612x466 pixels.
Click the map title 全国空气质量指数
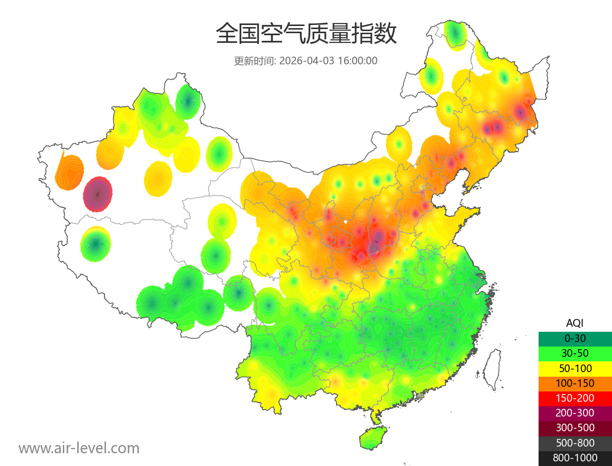click(x=306, y=34)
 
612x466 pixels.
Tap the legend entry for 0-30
click(x=575, y=338)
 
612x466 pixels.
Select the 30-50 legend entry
click(x=575, y=353)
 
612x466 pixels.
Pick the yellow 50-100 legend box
click(x=575, y=368)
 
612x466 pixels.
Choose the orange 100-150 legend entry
click(x=575, y=383)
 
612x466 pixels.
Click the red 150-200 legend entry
click(x=575, y=398)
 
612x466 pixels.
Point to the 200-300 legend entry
click(x=575, y=413)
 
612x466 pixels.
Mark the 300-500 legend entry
click(x=575, y=428)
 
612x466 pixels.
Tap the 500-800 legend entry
click(x=575, y=443)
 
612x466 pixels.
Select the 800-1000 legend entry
click(x=575, y=458)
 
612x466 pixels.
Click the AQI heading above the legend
click(x=575, y=323)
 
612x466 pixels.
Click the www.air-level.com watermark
click(x=79, y=448)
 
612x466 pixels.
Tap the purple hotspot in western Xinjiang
click(x=97, y=194)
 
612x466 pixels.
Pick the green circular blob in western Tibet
click(x=95, y=244)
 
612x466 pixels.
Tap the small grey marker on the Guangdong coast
click(x=420, y=396)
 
